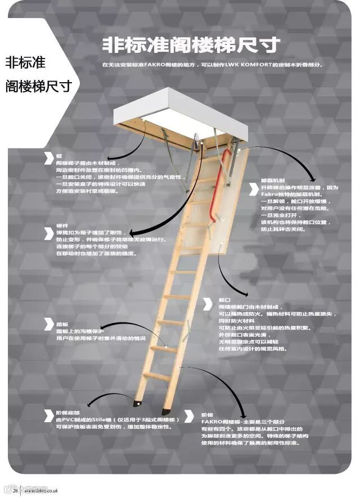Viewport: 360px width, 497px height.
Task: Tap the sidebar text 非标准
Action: pyautogui.click(x=25, y=62)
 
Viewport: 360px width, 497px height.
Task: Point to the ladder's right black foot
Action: pyautogui.click(x=166, y=411)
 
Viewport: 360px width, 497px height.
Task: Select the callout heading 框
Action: pyautogui.click(x=58, y=154)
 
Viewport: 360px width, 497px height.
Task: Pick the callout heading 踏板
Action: pyautogui.click(x=61, y=324)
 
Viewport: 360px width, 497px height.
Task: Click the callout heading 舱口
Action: pyautogui.click(x=223, y=299)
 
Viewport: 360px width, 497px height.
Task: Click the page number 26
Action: pyautogui.click(x=16, y=490)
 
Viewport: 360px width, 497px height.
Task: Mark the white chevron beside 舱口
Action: pyautogui.click(x=208, y=304)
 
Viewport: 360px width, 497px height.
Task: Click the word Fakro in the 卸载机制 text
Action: pyautogui.click(x=268, y=194)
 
